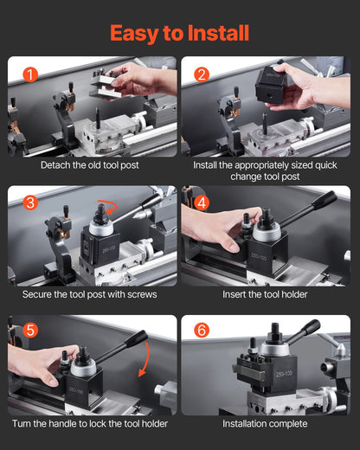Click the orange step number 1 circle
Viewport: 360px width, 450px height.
(x=29, y=75)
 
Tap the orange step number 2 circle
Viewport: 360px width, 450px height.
(x=202, y=75)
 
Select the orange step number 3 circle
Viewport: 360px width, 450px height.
(x=29, y=204)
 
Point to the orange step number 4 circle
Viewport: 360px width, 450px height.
(x=202, y=204)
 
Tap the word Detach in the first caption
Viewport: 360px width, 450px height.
(x=57, y=164)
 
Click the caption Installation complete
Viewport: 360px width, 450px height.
(x=265, y=423)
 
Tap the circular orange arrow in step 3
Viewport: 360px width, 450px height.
(x=107, y=208)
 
